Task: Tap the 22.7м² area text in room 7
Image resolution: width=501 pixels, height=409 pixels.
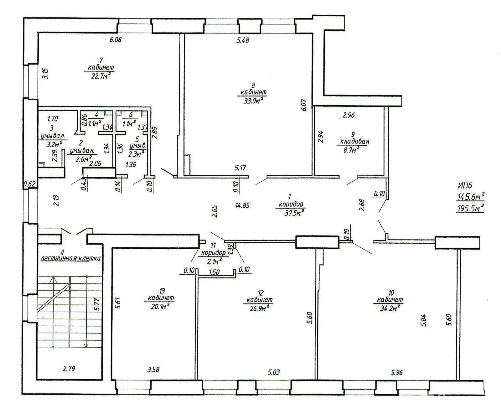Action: tap(100, 75)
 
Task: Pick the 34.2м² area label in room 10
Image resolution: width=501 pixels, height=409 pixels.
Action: tap(389, 308)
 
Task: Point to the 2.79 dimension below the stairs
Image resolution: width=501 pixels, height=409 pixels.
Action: tap(69, 369)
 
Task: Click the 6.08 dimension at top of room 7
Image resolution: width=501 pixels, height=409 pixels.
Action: tap(115, 40)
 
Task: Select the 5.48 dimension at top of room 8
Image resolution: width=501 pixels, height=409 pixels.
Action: tap(243, 40)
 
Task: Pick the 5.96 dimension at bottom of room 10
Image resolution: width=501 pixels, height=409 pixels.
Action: tap(396, 373)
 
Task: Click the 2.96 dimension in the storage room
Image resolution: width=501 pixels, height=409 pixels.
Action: tap(348, 115)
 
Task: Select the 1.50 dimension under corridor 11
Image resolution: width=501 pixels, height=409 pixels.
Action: tap(214, 272)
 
